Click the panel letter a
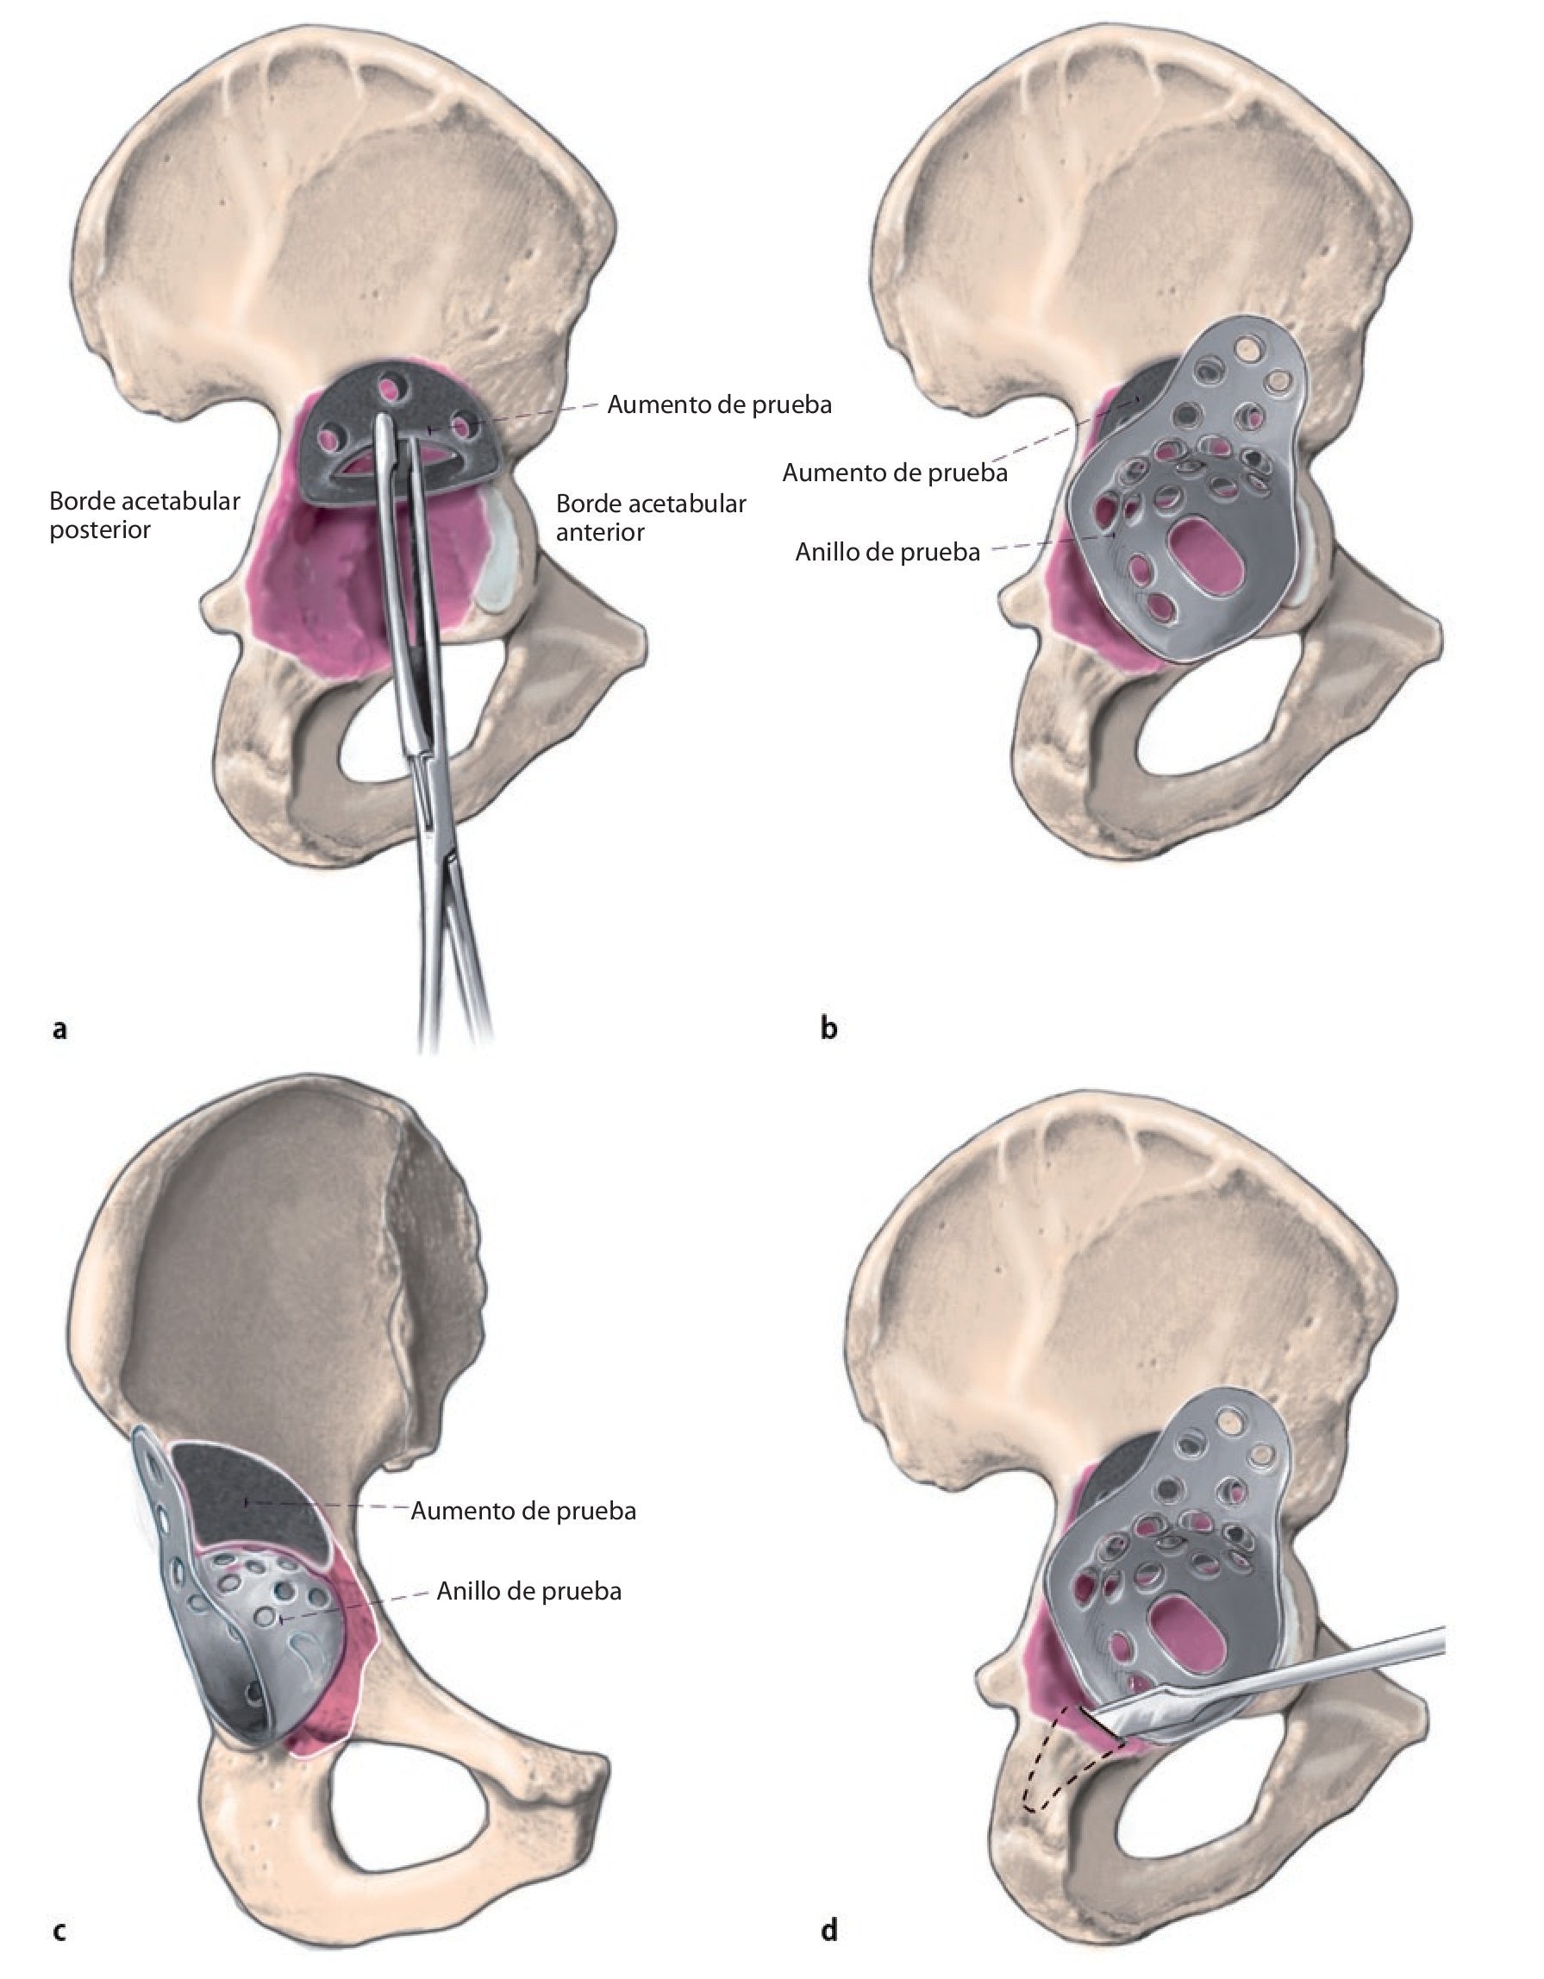[59, 1029]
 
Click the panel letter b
[828, 1029]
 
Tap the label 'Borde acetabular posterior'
[144, 515]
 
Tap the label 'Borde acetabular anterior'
[651, 517]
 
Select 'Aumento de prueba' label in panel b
[894, 472]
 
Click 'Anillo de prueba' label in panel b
[887, 552]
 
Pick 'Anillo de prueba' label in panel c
[528, 1591]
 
